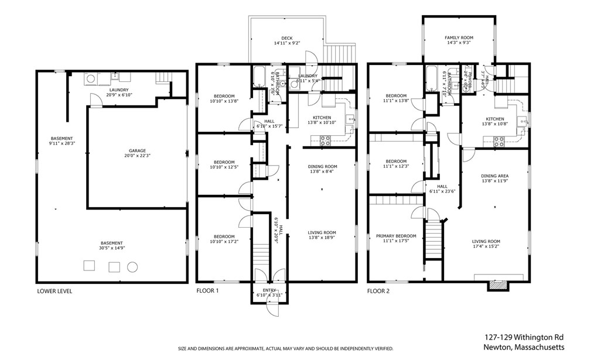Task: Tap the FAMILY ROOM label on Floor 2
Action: pos(459,37)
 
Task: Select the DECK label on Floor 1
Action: pos(286,38)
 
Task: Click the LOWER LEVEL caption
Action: pos(54,291)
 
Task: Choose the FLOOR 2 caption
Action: pos(379,291)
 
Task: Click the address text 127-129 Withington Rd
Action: pos(524,337)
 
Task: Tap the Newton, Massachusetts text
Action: pos(524,347)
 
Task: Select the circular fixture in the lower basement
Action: pos(132,266)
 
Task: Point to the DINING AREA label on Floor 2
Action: pos(494,176)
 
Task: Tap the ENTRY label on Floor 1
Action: pos(269,290)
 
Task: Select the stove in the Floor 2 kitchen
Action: pos(499,140)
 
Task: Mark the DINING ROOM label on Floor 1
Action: pos(322,167)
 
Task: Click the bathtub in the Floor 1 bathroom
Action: pos(259,77)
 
